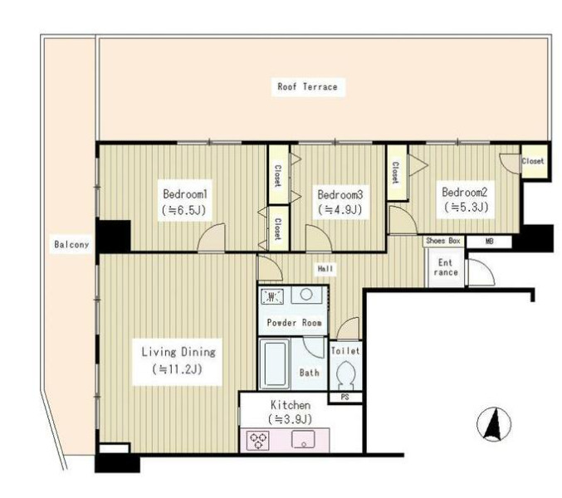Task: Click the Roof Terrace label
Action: click(307, 86)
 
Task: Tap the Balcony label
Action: click(71, 244)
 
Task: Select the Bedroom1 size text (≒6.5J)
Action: click(184, 210)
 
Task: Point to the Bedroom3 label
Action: click(340, 194)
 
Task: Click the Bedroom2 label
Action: click(465, 192)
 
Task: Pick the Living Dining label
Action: click(178, 352)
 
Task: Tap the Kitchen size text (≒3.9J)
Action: click(290, 419)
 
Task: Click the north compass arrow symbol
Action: click(494, 425)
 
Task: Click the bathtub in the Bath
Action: click(274, 364)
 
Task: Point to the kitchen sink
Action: click(303, 439)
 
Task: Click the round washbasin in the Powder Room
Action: click(305, 295)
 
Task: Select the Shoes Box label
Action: click(443, 241)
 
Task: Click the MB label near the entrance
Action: click(489, 242)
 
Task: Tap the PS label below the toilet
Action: click(345, 398)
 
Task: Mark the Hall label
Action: click(325, 269)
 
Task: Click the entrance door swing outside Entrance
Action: click(481, 272)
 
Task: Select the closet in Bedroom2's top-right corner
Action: click(534, 161)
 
